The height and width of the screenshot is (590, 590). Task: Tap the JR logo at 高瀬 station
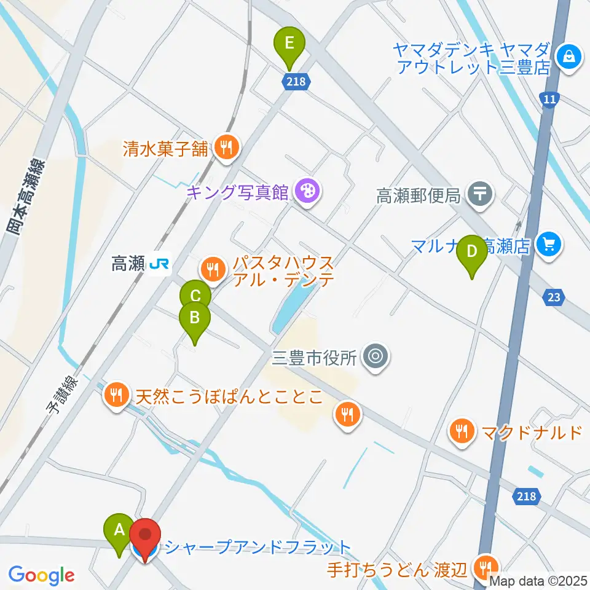160,264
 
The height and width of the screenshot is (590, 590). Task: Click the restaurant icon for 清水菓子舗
227,147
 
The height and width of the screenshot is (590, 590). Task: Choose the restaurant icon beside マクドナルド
462,431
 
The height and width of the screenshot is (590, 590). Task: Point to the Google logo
41,576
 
